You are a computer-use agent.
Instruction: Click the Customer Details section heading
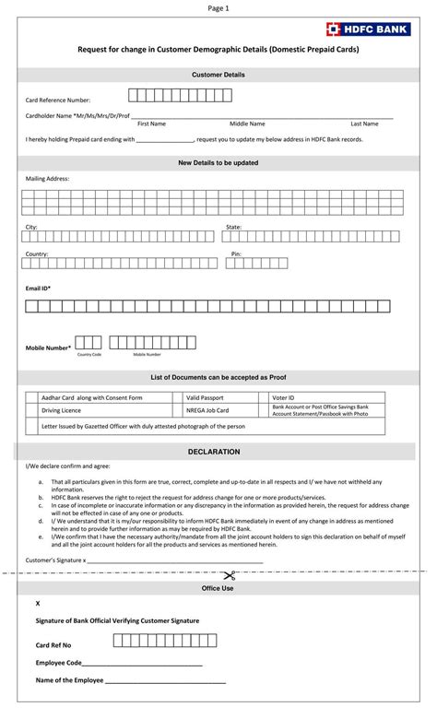click(218, 74)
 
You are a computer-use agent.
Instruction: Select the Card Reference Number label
click(58, 99)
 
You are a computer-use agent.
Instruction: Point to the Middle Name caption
click(247, 124)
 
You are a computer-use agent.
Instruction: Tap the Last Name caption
click(364, 124)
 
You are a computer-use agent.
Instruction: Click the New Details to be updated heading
click(218, 162)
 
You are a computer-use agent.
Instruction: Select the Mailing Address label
click(47, 179)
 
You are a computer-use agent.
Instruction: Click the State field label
click(233, 227)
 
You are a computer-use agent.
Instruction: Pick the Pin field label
click(236, 253)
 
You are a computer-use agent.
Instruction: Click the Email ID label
click(38, 289)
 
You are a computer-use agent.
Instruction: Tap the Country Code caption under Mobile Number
click(89, 354)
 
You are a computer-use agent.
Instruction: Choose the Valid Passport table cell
click(205, 396)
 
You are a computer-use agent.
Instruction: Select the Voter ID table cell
click(283, 396)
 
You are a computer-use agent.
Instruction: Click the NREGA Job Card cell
click(207, 409)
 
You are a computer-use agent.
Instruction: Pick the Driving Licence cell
click(61, 409)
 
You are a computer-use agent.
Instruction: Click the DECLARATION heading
click(214, 452)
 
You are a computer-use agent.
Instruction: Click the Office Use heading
click(218, 587)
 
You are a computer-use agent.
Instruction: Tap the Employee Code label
click(59, 663)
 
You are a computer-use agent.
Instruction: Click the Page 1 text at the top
click(218, 8)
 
